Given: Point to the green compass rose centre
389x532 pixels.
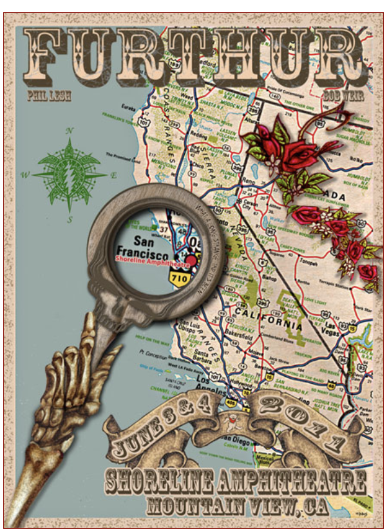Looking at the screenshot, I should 70,174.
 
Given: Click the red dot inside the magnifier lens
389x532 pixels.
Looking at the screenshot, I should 191,260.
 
